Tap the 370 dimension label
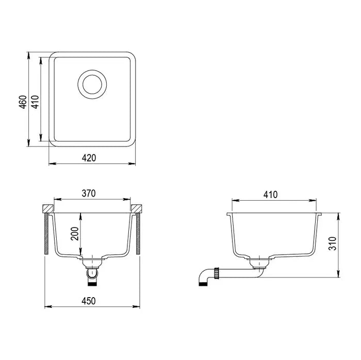89,193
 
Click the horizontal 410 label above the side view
270,194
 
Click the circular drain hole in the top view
93,83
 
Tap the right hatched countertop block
137,209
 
